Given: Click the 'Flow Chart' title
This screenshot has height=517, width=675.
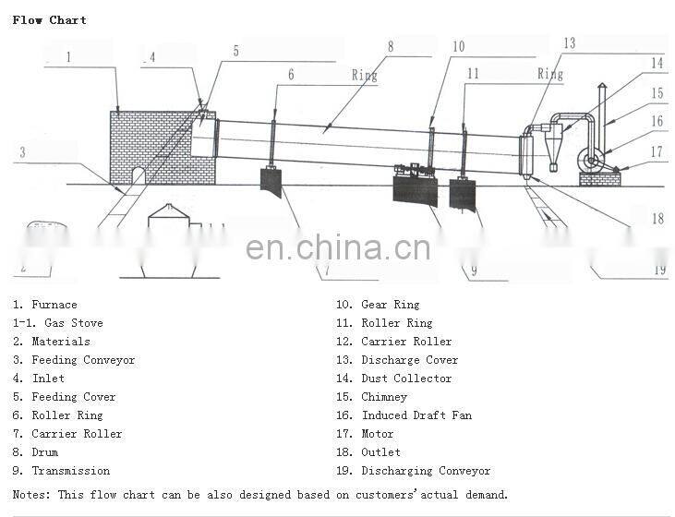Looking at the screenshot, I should point(50,19).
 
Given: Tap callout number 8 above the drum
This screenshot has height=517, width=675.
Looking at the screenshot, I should point(391,45).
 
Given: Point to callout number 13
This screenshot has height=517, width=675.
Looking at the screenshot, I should point(569,43).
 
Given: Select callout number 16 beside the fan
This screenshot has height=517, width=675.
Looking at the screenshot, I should point(657,121).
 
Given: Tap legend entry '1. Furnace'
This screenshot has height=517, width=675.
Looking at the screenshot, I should point(45,305).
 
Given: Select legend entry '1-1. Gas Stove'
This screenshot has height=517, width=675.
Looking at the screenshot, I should point(57,323).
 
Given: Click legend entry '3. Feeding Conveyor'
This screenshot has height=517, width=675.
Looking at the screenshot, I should point(74,360).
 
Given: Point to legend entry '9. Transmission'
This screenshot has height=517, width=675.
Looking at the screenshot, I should point(61,471).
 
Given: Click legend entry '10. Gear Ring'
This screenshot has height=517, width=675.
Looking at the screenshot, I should point(378,305).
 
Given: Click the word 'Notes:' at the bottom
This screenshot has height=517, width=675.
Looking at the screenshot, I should point(32,495).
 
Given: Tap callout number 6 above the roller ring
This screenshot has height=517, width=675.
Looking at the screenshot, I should point(291,75).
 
